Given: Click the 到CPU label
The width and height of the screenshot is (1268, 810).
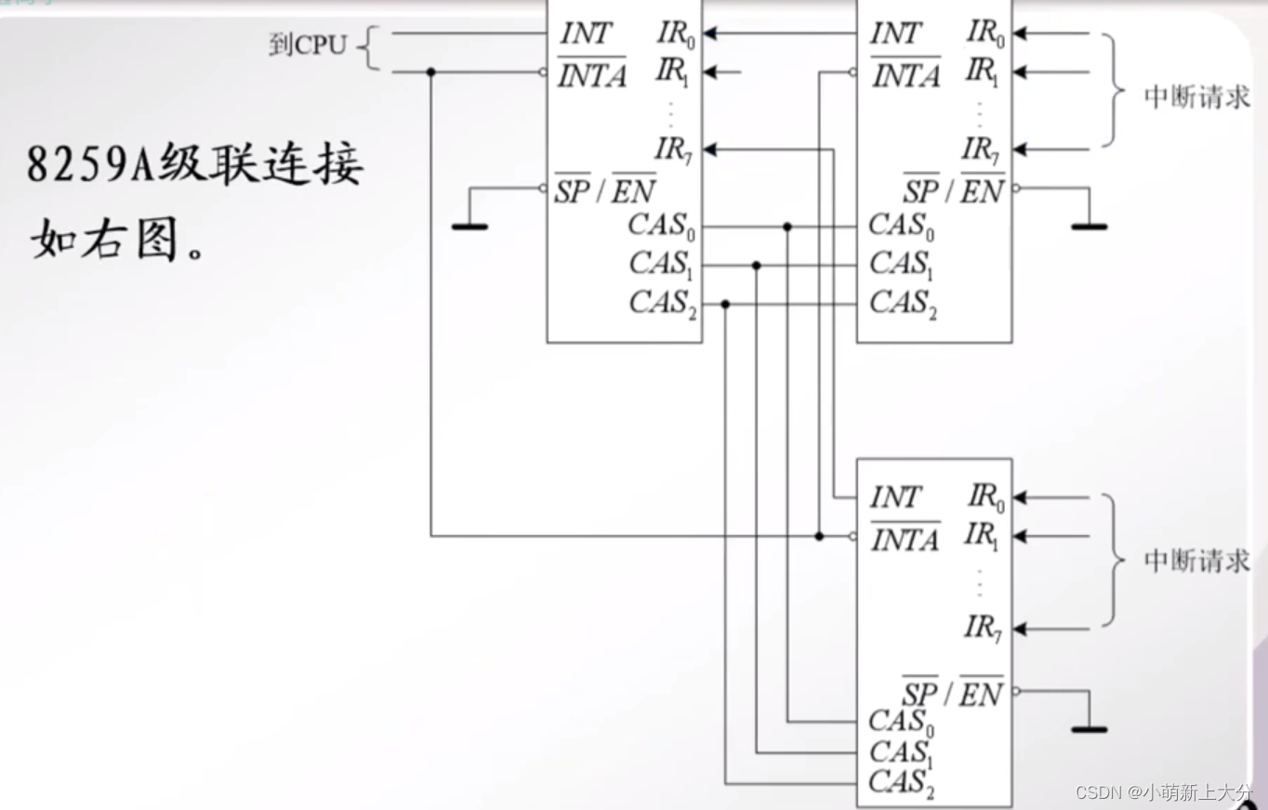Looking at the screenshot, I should click(307, 45).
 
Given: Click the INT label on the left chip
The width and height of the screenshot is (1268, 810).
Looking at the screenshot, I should click(587, 34).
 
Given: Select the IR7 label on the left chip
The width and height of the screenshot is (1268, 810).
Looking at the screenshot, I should click(674, 149).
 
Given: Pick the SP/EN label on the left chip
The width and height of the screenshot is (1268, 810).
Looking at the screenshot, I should click(605, 190).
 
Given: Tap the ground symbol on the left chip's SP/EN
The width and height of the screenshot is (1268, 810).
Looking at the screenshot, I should click(469, 225).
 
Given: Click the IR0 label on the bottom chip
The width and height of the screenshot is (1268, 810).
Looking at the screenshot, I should click(985, 498).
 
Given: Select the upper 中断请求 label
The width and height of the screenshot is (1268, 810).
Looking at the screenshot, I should click(1196, 97).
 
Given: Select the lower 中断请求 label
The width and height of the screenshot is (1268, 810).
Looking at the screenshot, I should click(1196, 561).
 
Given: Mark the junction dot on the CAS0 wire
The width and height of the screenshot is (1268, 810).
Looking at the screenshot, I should click(787, 227).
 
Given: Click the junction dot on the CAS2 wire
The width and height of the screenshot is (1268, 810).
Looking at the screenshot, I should click(725, 304).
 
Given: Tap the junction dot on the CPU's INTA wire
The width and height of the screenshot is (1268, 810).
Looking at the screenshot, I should click(430, 72).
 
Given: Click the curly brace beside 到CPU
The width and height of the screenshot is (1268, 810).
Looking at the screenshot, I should click(369, 48).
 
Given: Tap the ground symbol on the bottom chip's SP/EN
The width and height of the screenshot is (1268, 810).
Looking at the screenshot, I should click(1089, 728).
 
